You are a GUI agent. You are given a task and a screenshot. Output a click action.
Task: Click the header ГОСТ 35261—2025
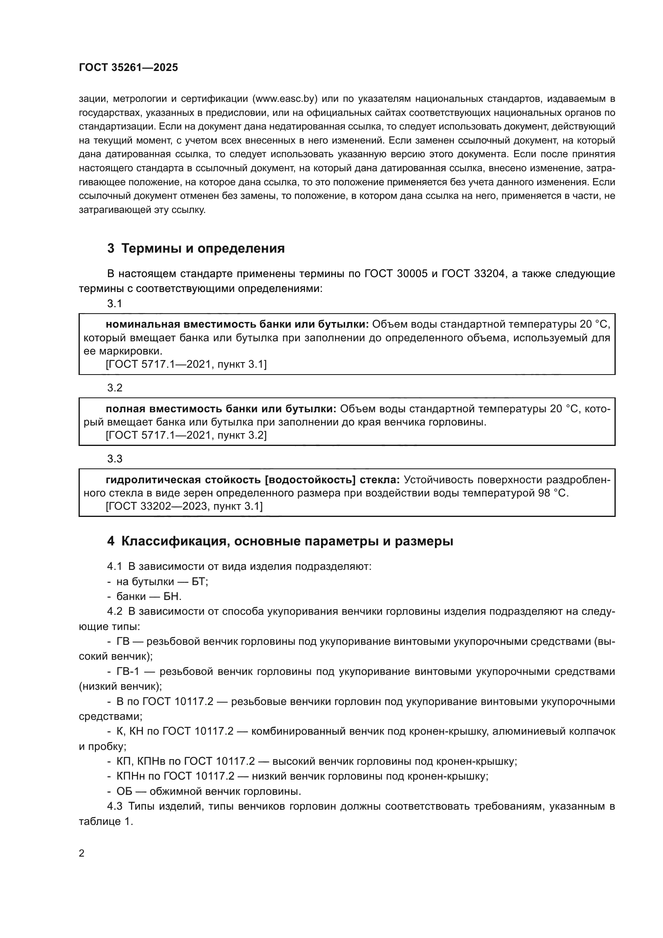[128, 67]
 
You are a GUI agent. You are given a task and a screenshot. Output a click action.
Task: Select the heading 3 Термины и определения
[196, 248]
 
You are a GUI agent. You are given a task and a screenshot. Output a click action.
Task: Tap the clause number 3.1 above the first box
[115, 304]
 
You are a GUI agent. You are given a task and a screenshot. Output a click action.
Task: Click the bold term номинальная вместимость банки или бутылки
[237, 324]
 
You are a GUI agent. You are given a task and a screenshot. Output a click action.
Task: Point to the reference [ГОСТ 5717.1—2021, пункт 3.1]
[186, 365]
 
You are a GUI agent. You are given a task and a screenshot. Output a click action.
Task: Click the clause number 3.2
[115, 388]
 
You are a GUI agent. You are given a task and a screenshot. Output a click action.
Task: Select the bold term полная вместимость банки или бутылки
[221, 409]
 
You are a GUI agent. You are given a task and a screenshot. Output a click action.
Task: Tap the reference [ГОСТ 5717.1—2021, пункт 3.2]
[186, 436]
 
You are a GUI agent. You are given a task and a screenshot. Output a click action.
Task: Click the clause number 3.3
[115, 459]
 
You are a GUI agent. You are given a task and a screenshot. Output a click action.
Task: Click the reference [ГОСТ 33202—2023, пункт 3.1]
[184, 506]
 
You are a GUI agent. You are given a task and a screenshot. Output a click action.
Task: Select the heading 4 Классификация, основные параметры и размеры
[280, 541]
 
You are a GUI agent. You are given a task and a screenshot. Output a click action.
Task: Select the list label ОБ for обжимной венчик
[123, 791]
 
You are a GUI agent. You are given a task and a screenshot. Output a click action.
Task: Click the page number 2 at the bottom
[82, 853]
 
